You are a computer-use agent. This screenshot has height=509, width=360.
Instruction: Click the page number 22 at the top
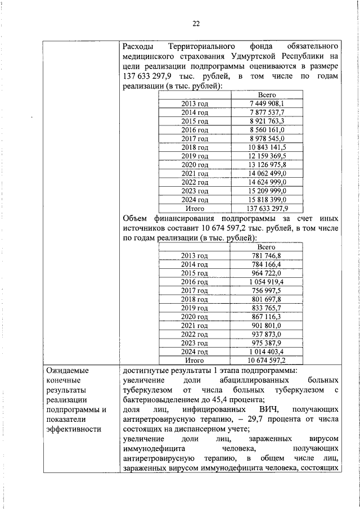(x=196, y=23)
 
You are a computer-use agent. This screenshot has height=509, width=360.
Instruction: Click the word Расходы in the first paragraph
(x=139, y=45)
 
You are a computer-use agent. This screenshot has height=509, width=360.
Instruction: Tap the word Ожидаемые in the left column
(x=67, y=370)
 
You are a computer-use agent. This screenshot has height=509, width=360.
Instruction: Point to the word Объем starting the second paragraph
(x=137, y=218)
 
